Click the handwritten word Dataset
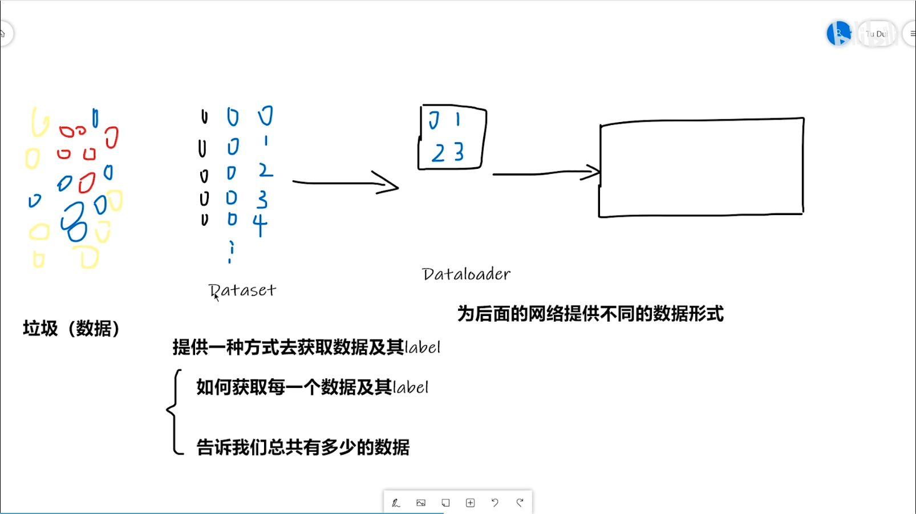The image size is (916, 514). pyautogui.click(x=242, y=290)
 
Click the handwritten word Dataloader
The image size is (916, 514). pyautogui.click(x=466, y=274)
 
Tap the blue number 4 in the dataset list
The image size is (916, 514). pyautogui.click(x=260, y=224)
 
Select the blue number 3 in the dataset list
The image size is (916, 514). pyautogui.click(x=262, y=199)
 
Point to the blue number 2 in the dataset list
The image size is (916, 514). pyautogui.click(x=265, y=170)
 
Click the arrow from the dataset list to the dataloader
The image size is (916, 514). pyautogui.click(x=345, y=183)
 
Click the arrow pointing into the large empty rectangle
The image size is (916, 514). pyautogui.click(x=545, y=172)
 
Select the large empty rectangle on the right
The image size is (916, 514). pyautogui.click(x=701, y=168)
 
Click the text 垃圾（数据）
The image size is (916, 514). pyautogui.click(x=71, y=329)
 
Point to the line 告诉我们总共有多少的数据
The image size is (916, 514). pyautogui.click(x=303, y=447)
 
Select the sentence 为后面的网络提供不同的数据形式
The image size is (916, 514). pyautogui.click(x=590, y=314)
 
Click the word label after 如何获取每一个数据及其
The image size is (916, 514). pyautogui.click(x=411, y=387)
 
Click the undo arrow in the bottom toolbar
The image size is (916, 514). pyautogui.click(x=495, y=503)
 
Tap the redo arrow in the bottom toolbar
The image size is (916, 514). pyautogui.click(x=520, y=503)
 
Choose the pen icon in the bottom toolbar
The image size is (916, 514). pyautogui.click(x=396, y=503)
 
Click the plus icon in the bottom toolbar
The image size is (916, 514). pyautogui.click(x=470, y=503)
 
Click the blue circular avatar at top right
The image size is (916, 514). pyautogui.click(x=838, y=34)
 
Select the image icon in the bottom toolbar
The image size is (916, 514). pyautogui.click(x=421, y=503)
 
